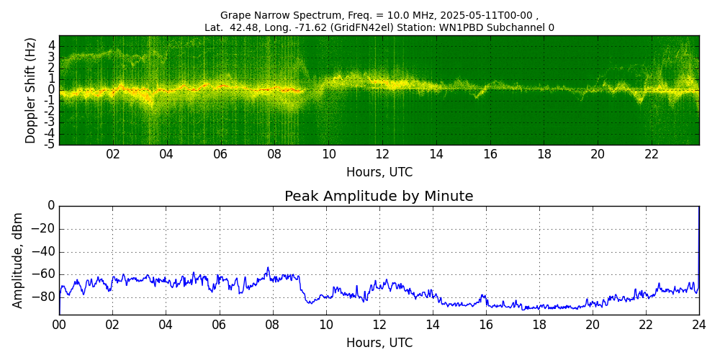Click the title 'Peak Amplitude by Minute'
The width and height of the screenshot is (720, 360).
[379, 197]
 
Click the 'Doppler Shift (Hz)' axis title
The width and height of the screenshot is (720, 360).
[31, 90]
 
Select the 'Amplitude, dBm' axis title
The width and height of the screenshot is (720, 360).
[18, 260]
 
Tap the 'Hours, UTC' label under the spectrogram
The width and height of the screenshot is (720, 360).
[379, 173]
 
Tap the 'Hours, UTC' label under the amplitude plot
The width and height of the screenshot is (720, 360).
[379, 343]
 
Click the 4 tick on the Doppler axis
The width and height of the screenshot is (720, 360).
[52, 45]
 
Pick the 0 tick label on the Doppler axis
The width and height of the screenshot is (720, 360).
[52, 90]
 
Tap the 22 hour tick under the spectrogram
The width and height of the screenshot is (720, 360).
[652, 154]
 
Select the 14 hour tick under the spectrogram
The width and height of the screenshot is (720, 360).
[436, 154]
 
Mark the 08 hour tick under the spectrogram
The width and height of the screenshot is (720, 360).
[274, 154]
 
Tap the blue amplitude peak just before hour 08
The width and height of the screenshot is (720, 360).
[268, 268]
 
